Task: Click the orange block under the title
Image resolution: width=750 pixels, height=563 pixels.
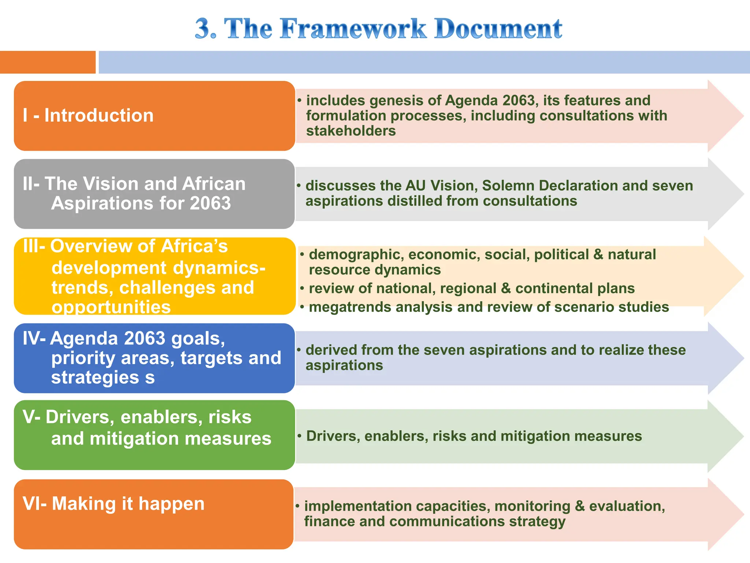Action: (x=48, y=62)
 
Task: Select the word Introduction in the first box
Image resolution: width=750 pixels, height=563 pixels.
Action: (x=99, y=115)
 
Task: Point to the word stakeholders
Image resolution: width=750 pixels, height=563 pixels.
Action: (x=351, y=131)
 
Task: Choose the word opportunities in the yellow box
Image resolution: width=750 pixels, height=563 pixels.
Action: (x=111, y=307)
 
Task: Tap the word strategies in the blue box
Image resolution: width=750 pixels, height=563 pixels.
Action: (x=95, y=378)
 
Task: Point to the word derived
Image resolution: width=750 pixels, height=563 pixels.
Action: (x=331, y=350)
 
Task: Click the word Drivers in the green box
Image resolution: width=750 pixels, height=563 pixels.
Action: (x=79, y=417)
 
